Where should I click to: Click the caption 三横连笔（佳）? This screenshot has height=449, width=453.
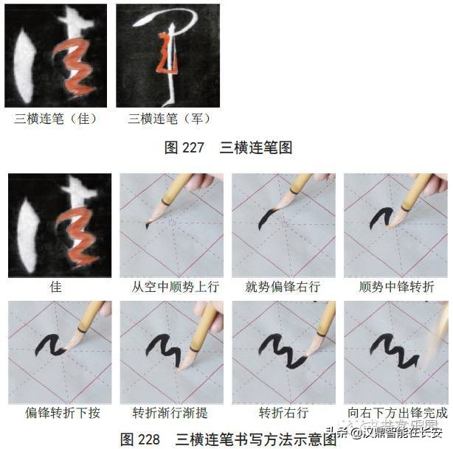point(56,119)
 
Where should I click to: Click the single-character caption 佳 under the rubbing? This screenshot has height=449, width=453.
point(56,287)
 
